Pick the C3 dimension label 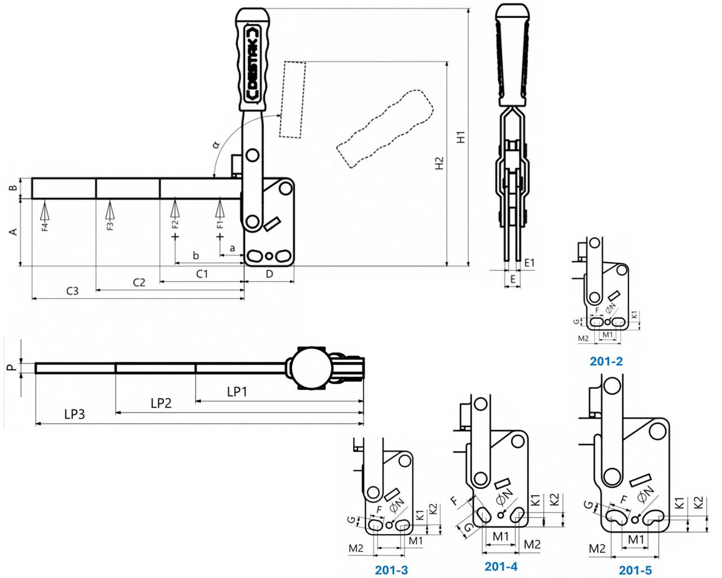click(72, 291)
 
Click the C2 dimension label click(139, 282)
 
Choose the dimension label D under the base click(269, 274)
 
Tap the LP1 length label click(237, 391)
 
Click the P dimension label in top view click(10, 368)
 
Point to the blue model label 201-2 click(606, 361)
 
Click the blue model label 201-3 click(391, 570)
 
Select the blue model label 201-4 click(501, 566)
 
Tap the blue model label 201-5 click(635, 570)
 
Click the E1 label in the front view click(529, 262)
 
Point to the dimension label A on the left click(15, 231)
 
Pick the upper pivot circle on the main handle click(252, 154)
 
